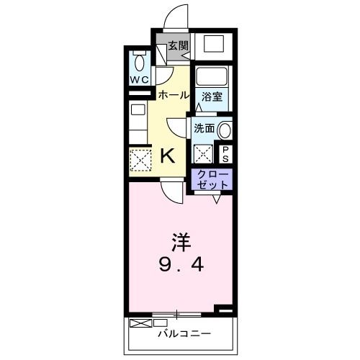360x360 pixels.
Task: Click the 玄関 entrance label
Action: [178, 45]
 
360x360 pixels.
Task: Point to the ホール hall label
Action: [174, 95]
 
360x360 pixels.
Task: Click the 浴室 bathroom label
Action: [211, 96]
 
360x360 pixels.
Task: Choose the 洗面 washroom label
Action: [204, 129]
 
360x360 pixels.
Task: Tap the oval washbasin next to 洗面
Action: [226, 131]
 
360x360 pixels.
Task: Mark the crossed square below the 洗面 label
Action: [204, 153]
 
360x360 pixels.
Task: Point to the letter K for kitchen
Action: [167, 155]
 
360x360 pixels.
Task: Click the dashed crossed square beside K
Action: [139, 158]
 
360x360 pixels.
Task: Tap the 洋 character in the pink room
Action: [181, 240]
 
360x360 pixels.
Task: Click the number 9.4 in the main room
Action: [181, 265]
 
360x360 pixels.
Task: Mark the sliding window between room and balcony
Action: [176, 314]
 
